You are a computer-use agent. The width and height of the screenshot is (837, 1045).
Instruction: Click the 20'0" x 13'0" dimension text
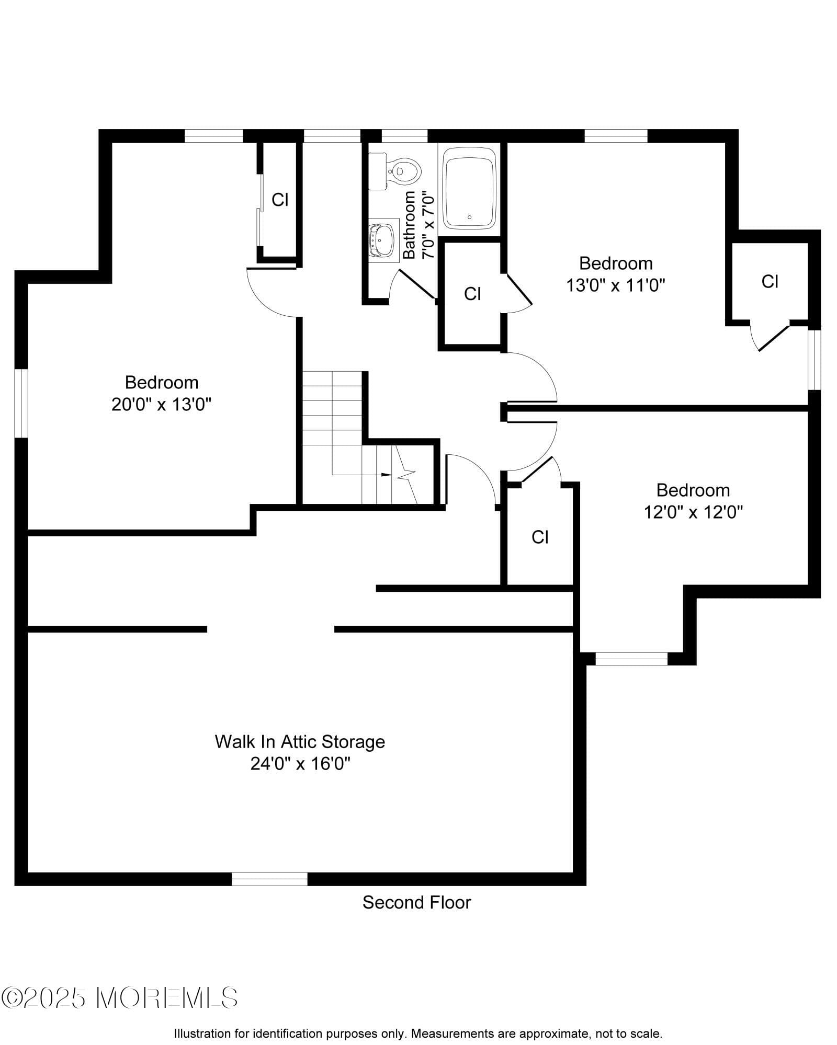(161, 404)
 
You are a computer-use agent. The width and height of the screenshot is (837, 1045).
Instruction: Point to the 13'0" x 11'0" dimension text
(616, 285)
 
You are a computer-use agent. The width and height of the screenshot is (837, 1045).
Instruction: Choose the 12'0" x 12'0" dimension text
(693, 512)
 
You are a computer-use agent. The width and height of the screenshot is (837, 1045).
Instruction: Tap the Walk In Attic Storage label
(300, 741)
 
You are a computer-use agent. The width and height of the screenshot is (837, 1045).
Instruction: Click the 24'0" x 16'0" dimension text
(300, 764)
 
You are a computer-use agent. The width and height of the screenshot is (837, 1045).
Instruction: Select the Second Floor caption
(416, 903)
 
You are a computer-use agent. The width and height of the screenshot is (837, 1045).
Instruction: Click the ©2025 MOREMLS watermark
(120, 998)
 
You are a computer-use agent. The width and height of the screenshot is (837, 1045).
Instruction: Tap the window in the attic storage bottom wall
(269, 879)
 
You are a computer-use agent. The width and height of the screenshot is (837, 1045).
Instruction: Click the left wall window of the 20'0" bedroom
(21, 403)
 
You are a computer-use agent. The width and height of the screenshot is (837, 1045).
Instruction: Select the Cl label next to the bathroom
(472, 294)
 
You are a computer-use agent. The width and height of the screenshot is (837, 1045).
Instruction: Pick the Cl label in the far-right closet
(770, 282)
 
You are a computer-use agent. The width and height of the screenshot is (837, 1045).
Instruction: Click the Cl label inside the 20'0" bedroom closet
(280, 200)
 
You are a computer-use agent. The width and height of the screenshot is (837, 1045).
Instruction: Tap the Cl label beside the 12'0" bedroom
(540, 537)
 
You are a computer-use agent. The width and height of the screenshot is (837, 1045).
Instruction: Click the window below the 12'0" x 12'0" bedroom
(631, 659)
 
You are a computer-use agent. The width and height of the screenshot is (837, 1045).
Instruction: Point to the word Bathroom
(410, 225)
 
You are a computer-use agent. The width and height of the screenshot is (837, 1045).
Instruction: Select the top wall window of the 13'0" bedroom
(616, 136)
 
